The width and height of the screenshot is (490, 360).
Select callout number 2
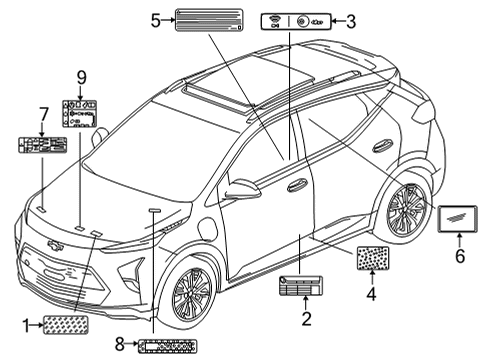[307, 319]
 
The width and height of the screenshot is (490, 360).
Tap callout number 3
[351, 19]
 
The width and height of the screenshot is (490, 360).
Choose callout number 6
[461, 256]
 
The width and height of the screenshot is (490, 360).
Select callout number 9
[83, 76]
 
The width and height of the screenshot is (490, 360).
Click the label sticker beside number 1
[71, 324]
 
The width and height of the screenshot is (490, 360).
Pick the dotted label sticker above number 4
[372, 259]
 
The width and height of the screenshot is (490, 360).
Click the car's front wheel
[193, 292]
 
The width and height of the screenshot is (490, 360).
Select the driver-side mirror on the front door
[243, 189]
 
